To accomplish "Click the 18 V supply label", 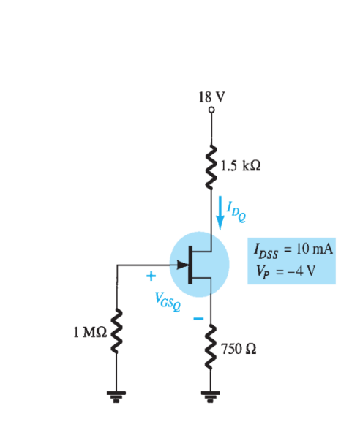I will point(211,97).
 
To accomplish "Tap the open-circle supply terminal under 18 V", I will point(211,110).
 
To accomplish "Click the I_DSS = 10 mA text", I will point(292,249).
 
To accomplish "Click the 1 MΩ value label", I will point(89,332).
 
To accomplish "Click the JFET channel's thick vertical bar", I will point(191,264).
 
